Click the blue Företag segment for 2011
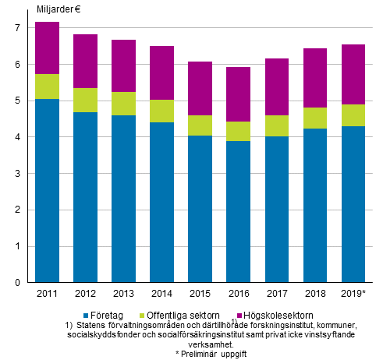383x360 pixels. [x=48, y=191]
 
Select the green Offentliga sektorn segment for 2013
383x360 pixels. [x=124, y=104]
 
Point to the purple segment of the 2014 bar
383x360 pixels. [x=162, y=73]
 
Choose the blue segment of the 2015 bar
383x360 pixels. [x=200, y=209]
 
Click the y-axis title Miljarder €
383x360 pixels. [x=62, y=9]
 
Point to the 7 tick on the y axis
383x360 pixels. [x=16, y=28]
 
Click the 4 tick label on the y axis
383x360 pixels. [x=16, y=137]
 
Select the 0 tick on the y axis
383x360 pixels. [x=16, y=283]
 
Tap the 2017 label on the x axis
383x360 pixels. [x=277, y=294]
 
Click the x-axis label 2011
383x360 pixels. [x=48, y=294]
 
